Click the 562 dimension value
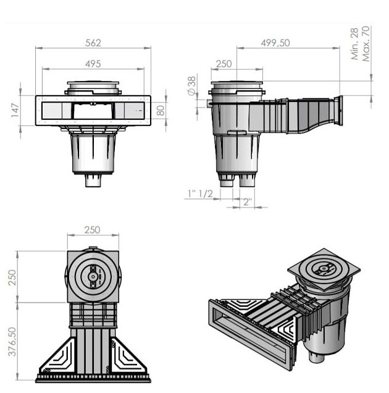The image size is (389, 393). click(x=93, y=43)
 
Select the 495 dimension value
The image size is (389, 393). click(x=93, y=64)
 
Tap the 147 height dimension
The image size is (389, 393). click(x=15, y=110)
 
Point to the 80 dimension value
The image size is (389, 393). click(x=161, y=110)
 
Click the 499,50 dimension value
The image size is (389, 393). click(x=275, y=43)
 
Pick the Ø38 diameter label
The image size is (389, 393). click(x=191, y=86)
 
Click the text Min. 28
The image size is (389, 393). click(x=354, y=44)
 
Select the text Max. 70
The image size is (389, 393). click(x=366, y=44)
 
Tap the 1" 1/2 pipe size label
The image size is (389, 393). click(x=201, y=193)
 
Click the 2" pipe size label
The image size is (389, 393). click(x=247, y=202)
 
